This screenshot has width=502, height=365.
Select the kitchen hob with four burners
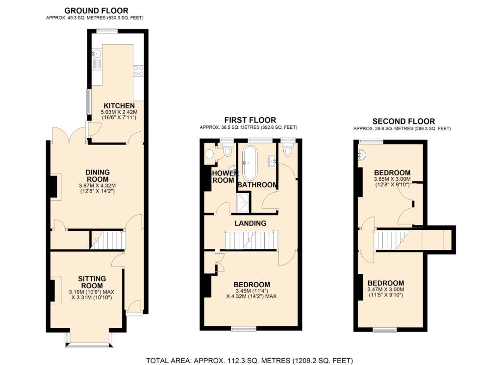tap(138, 71)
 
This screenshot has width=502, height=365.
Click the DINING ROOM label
tap(97, 176)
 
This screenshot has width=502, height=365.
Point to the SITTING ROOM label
tap(92, 282)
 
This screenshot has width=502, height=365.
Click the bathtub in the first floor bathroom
tap(251, 162)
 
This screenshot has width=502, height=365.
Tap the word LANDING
tap(250, 223)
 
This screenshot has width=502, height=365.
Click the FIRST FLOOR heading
tap(250, 120)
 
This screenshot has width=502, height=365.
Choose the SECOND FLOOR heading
tap(403, 122)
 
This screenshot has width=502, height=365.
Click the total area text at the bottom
tap(251, 361)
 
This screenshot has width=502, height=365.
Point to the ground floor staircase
tap(108, 241)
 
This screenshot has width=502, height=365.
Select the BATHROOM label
tap(257, 185)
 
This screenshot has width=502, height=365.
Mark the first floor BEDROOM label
tap(251, 285)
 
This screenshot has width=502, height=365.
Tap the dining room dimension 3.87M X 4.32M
tap(97, 186)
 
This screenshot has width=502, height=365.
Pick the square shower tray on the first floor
tap(243, 203)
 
